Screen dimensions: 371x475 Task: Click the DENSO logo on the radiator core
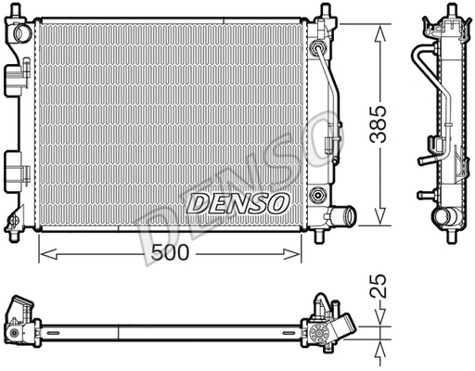(x=239, y=201)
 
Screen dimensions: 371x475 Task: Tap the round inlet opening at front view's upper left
(x=18, y=33)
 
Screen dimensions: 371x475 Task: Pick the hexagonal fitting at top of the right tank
(x=318, y=48)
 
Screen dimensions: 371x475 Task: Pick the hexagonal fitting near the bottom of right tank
(x=318, y=195)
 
